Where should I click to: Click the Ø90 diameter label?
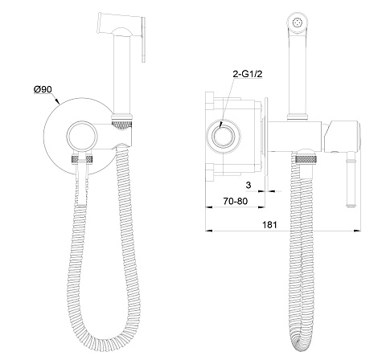click(x=43, y=89)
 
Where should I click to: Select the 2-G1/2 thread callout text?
click(x=248, y=74)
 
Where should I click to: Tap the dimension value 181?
click(x=269, y=224)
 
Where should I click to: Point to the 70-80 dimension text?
click(x=236, y=201)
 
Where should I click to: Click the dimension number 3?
click(x=248, y=185)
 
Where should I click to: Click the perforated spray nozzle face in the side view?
click(x=297, y=22)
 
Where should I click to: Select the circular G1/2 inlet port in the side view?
click(x=224, y=137)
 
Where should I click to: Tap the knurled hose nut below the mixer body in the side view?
click(x=306, y=159)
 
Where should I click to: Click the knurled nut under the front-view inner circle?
click(x=82, y=159)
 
